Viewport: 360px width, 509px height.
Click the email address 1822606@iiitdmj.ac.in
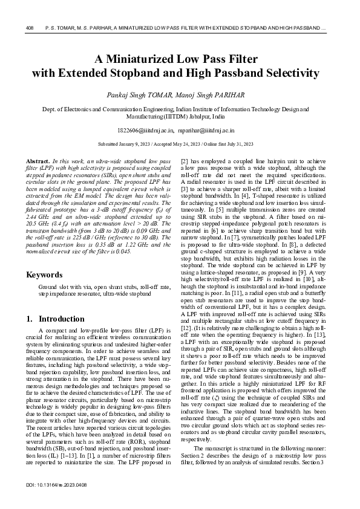coord(146,130)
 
